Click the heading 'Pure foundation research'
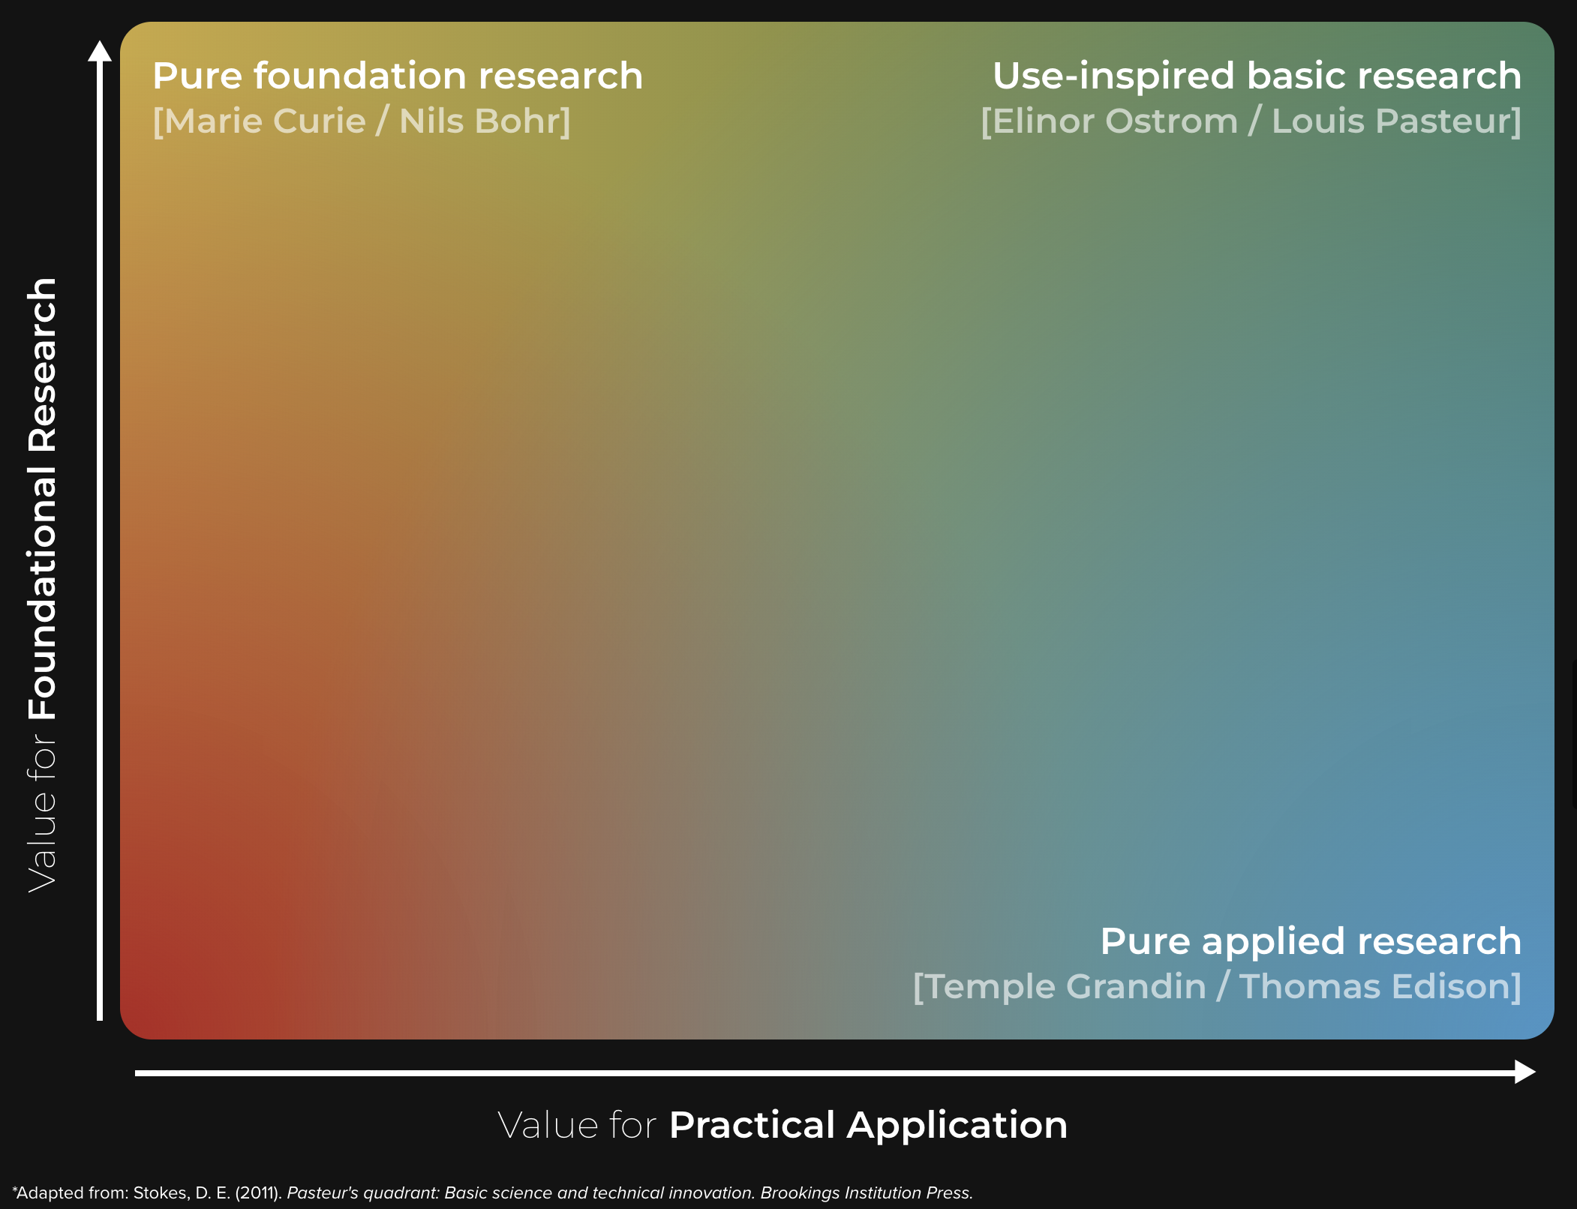pos(398,76)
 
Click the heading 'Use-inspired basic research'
pos(1257,76)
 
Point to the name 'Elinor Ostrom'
pos(1115,121)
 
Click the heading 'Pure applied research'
pos(1311,941)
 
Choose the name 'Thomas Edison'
pos(1375,986)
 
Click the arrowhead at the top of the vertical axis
pos(100,51)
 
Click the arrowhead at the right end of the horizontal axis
pos(1525,1072)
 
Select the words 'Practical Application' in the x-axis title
pos(868,1126)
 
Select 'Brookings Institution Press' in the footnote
pos(867,1192)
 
